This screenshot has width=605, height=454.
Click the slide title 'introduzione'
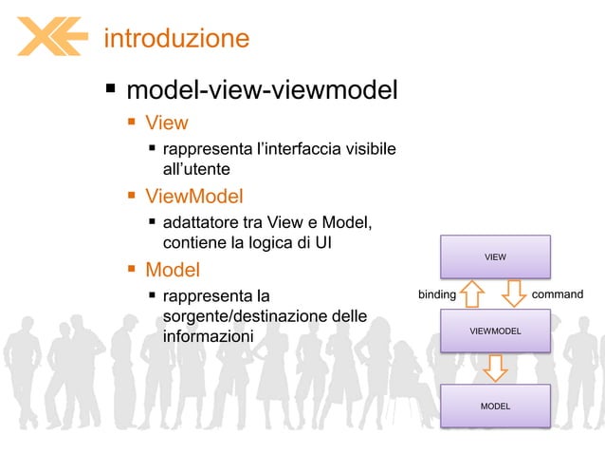click(x=175, y=39)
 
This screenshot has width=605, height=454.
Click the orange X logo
click(x=52, y=37)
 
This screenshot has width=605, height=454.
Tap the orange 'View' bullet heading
click(x=166, y=123)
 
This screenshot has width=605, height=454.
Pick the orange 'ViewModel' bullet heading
click(x=193, y=197)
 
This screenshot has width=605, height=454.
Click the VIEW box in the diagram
click(x=495, y=256)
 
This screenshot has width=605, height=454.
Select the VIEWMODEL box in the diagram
click(x=495, y=331)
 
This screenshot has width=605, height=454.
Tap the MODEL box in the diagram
click(x=495, y=406)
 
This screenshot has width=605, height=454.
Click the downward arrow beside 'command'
click(x=513, y=293)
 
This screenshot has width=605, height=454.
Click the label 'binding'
click(x=437, y=294)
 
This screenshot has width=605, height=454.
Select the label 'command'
click(x=558, y=294)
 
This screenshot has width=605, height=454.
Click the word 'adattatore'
click(x=200, y=223)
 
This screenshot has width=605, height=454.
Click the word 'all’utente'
click(x=197, y=168)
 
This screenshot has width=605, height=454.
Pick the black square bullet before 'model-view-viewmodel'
click(x=110, y=91)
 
